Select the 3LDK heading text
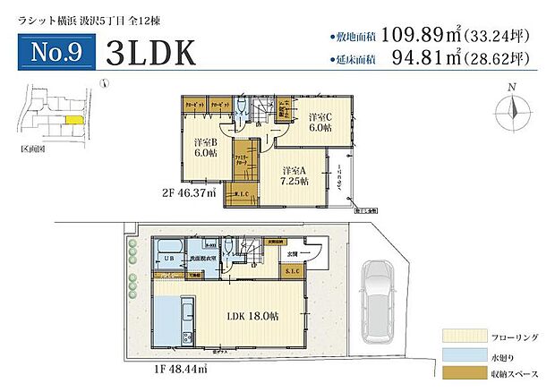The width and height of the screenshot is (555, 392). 150,53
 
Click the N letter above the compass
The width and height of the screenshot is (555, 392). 511,88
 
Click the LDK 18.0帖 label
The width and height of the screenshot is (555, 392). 247,315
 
